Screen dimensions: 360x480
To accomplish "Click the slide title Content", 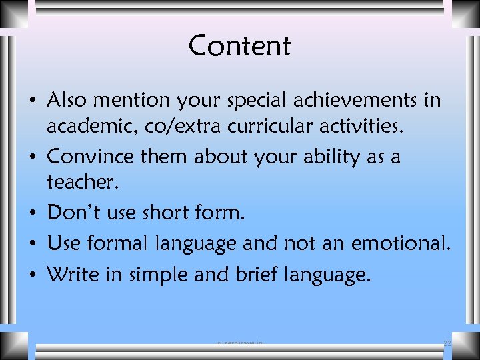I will click(239, 46).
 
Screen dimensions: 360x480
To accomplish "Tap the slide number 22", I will click(447, 343).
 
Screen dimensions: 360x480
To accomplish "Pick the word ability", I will click(324, 157).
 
